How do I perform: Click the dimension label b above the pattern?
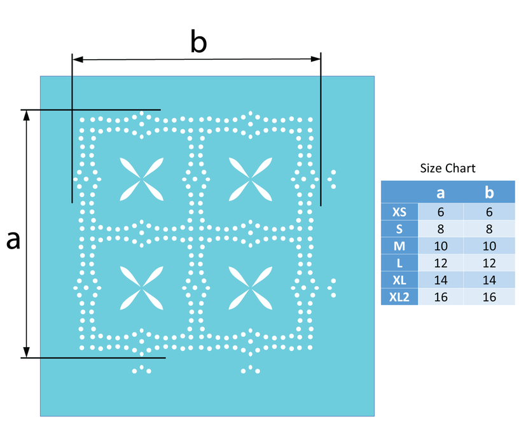pyautogui.click(x=198, y=41)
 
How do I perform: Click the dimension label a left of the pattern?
pyautogui.click(x=13, y=240)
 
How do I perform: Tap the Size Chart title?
pyautogui.click(x=448, y=168)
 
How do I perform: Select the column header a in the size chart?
pyautogui.click(x=441, y=193)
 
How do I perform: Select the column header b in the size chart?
pyautogui.click(x=489, y=192)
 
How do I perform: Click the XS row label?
pyautogui.click(x=399, y=212)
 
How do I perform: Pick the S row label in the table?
pyautogui.click(x=399, y=229)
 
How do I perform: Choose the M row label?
pyautogui.click(x=399, y=246)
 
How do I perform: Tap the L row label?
pyautogui.click(x=399, y=263)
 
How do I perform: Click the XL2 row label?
pyautogui.click(x=399, y=297)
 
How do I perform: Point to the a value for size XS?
pyautogui.click(x=441, y=212)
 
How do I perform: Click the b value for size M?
pyautogui.click(x=489, y=246)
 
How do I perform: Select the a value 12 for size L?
pyautogui.click(x=441, y=263)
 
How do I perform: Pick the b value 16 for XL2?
pyautogui.click(x=489, y=297)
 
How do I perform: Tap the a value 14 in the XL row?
pyautogui.click(x=441, y=280)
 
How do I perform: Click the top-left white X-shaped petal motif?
pyautogui.click(x=142, y=179)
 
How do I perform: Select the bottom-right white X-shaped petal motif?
pyautogui.click(x=250, y=288)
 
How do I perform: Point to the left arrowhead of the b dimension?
pyautogui.click(x=78, y=59)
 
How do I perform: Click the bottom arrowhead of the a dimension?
pyautogui.click(x=27, y=352)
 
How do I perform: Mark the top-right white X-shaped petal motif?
pyautogui.click(x=250, y=179)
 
